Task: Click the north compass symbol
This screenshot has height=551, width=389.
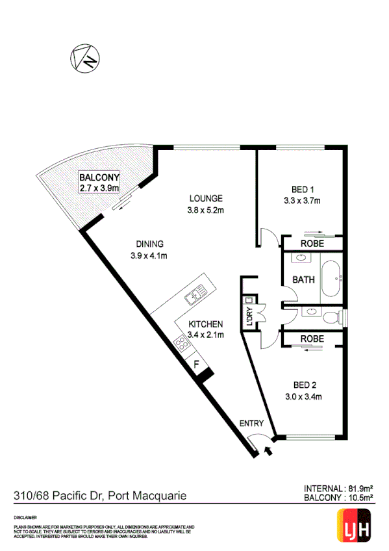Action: pos(85,58)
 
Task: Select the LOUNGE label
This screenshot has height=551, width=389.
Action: pos(206,198)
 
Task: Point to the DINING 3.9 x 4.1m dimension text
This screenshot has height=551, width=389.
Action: pos(149,255)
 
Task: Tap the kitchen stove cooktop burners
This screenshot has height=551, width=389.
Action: pos(181,341)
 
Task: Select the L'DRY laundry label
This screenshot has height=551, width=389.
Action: pos(247,316)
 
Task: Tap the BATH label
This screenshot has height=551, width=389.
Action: pos(303,281)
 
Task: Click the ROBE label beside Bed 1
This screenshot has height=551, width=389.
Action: pos(312,244)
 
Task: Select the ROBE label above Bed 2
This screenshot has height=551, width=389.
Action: pos(312,339)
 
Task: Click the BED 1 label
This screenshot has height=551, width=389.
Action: pos(302,190)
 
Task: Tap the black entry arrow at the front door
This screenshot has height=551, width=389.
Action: pos(268,450)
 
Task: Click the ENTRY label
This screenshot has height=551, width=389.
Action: pos(252,423)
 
